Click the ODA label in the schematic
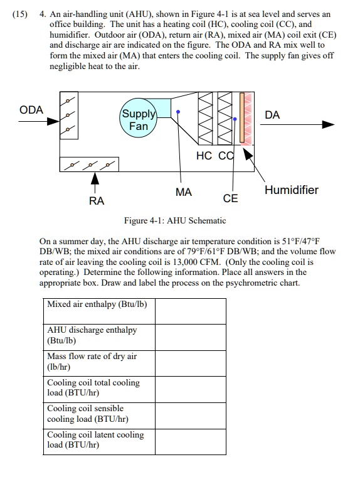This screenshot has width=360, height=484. coord(31,110)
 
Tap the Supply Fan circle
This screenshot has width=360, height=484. coord(138,119)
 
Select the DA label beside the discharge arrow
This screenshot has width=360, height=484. coord(273,115)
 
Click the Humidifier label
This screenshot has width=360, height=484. coord(291,190)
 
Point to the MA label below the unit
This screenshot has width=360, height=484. coord(184,193)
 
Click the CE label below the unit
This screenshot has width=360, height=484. coord(231,198)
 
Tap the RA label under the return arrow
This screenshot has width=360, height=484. coord(97,201)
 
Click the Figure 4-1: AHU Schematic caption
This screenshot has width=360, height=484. coord(175,221)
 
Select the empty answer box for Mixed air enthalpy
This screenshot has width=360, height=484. coord(190,311)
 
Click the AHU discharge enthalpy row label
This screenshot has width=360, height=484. coord(92,335)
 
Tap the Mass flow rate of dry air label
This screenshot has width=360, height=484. coord(92,361)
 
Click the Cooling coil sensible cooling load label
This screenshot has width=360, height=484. coord(88,414)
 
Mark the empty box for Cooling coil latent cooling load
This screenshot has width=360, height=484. coord(190,441)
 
